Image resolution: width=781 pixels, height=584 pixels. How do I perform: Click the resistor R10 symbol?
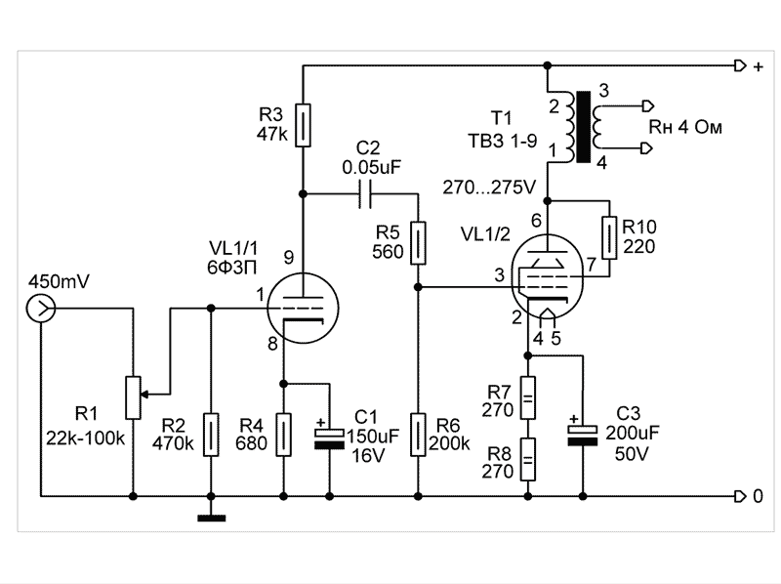point(609,237)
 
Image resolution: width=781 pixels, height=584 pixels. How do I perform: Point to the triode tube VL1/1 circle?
point(303,308)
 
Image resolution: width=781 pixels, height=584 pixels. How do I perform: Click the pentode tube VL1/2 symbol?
point(548,277)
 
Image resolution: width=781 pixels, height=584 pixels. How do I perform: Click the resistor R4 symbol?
point(283,436)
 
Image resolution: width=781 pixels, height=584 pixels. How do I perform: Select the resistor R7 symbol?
point(527,398)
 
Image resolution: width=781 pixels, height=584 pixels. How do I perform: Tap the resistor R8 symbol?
point(527,458)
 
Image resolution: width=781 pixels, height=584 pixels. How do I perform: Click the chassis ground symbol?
point(210,517)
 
